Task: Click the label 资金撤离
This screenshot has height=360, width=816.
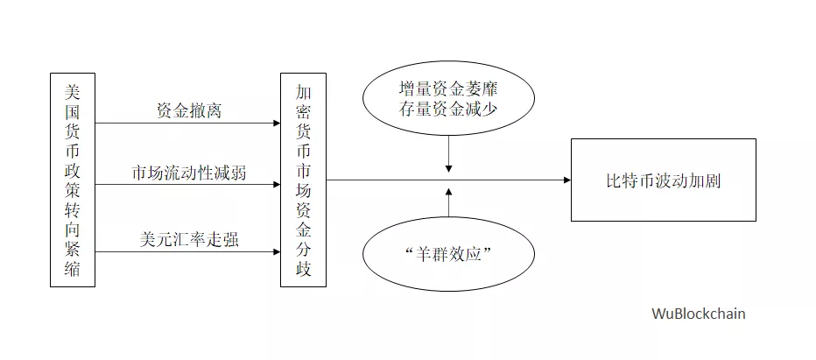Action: (x=189, y=110)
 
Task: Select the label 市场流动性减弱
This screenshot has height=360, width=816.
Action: (x=189, y=173)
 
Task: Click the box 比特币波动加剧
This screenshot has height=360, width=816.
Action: (x=664, y=180)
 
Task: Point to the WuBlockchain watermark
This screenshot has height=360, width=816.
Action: (x=699, y=314)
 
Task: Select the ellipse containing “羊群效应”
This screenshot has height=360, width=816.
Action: (x=448, y=254)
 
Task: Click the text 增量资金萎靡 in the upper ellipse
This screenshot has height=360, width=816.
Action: (x=448, y=89)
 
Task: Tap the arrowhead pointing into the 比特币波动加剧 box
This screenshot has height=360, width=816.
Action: (x=567, y=180)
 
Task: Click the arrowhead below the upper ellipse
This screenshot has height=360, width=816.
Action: (x=448, y=169)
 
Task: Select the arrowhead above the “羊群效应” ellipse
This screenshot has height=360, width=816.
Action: (x=448, y=192)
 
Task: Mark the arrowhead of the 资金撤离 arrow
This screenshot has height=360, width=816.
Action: (x=277, y=124)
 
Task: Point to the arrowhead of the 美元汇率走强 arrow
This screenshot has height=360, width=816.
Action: (x=277, y=252)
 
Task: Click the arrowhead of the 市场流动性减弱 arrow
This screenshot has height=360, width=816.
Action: (x=277, y=185)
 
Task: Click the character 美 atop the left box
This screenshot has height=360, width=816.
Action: (x=73, y=93)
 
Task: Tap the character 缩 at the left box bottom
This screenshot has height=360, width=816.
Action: (x=73, y=270)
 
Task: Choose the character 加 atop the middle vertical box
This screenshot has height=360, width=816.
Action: (x=304, y=93)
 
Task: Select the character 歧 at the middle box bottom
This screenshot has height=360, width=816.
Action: (x=304, y=270)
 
